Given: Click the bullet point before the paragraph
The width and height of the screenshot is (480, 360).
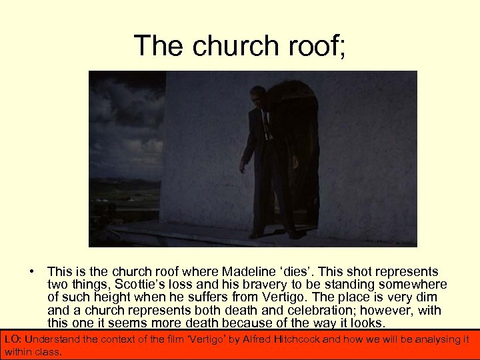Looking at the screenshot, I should (31, 271).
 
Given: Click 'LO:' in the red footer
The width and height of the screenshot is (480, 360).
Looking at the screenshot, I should (13, 339).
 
